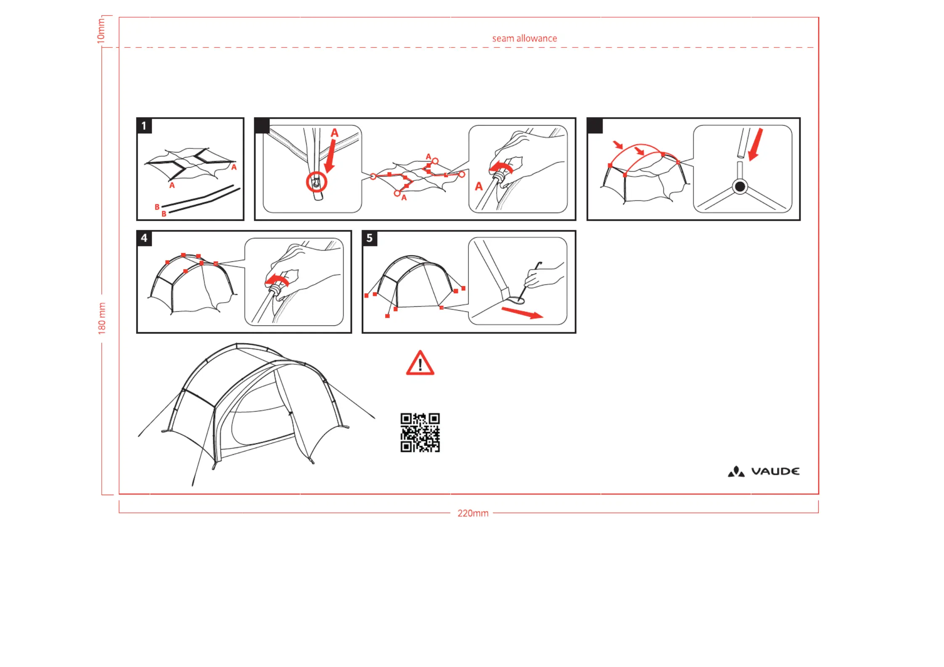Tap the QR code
point(420,432)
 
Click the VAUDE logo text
point(775,472)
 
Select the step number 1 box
point(144,126)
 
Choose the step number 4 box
point(144,238)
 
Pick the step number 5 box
point(370,238)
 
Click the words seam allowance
point(524,38)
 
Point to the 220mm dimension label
point(473,513)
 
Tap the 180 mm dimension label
point(102,319)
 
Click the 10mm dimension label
point(101,31)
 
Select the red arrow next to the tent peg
point(522,313)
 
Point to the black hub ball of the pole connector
point(740,186)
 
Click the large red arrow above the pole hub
point(756,145)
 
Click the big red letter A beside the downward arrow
point(335,133)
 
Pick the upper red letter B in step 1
point(157,207)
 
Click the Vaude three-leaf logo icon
point(736,472)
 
